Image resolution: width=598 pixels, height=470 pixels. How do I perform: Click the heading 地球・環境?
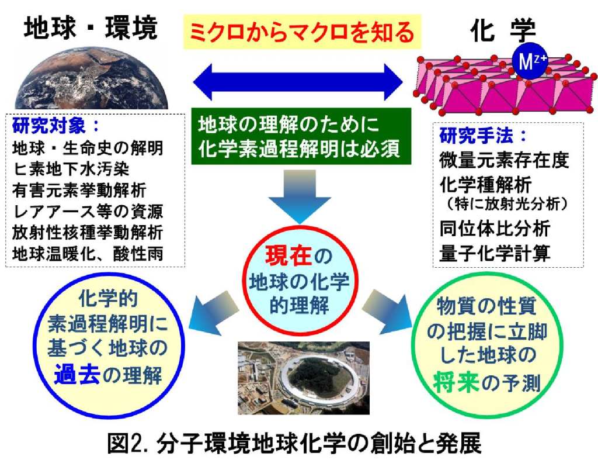[91, 28]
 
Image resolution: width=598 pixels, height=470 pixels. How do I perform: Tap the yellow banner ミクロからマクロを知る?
[302, 32]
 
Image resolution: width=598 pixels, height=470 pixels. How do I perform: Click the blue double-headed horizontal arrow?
[298, 82]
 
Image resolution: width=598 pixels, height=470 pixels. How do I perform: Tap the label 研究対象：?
[55, 126]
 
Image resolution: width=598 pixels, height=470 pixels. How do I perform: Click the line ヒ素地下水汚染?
[71, 169]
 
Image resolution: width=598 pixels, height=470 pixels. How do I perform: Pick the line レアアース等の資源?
[88, 211]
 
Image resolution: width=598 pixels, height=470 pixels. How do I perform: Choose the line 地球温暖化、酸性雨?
[88, 254]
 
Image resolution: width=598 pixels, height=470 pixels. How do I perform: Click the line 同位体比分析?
[495, 229]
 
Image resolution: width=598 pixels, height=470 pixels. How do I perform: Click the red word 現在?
[288, 255]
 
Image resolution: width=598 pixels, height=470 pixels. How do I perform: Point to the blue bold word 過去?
[77, 375]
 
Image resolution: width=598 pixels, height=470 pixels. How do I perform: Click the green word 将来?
[456, 382]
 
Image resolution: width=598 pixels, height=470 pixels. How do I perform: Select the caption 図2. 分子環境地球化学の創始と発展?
[294, 443]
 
